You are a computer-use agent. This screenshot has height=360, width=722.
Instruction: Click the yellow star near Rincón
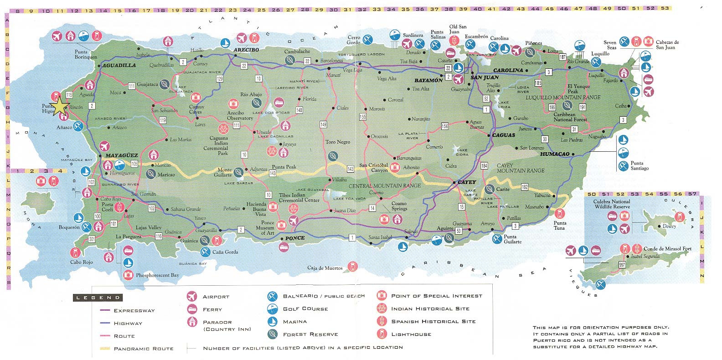[x=60, y=107]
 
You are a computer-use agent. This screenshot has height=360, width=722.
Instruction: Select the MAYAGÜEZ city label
[x=121, y=155]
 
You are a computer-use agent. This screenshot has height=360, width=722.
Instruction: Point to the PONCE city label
[x=295, y=238]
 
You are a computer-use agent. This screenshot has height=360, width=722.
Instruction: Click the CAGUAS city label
[x=504, y=135]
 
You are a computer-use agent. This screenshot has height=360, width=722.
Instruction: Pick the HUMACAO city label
[x=555, y=154]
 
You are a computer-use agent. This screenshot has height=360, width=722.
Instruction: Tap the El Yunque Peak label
[x=579, y=89]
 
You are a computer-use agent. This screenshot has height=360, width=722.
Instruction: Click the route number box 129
[x=220, y=79]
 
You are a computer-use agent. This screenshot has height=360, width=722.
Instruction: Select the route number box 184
[x=484, y=165]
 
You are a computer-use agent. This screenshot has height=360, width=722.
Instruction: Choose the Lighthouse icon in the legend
[x=382, y=334]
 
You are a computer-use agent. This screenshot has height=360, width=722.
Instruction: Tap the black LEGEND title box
[x=97, y=298]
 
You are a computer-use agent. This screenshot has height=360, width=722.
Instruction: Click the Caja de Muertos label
[x=325, y=268]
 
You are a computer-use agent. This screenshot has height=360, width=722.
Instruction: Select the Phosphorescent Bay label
[x=157, y=275]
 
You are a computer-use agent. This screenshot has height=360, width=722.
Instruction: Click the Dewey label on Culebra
[x=669, y=226]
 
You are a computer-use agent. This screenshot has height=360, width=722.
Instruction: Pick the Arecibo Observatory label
[x=240, y=115]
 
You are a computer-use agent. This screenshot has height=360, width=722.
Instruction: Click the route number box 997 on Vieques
[x=622, y=265]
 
